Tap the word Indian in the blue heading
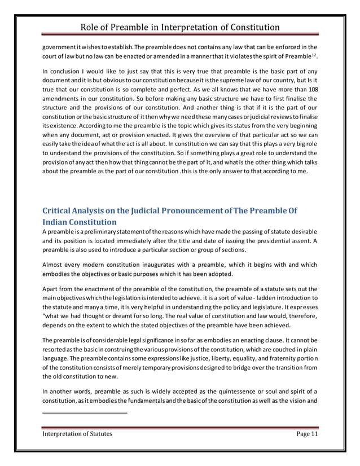58,222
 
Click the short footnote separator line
85,414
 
